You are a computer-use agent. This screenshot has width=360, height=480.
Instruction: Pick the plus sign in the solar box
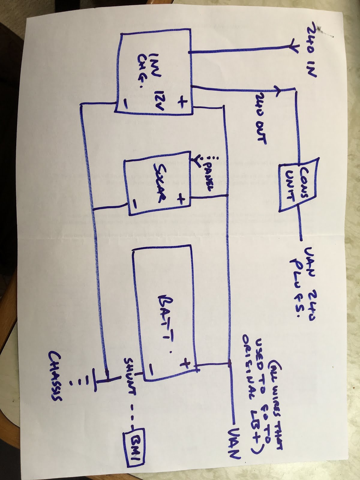(x=181, y=199)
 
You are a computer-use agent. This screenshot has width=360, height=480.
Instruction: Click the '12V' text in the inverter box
(x=157, y=99)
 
